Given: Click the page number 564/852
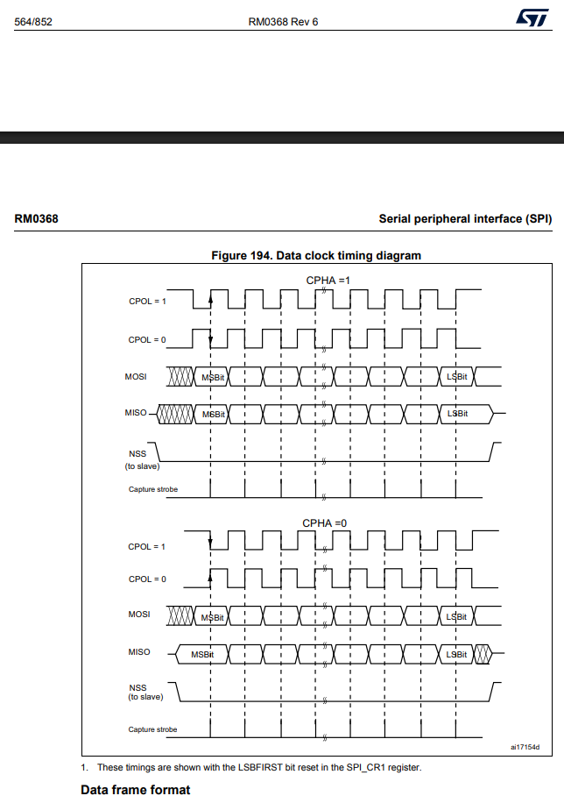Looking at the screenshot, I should click(x=34, y=21).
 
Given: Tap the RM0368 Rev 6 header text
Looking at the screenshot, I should click(x=282, y=21).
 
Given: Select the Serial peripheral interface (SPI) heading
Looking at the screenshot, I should click(x=465, y=218).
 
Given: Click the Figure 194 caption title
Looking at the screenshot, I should click(x=316, y=256).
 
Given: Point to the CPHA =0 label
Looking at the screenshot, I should click(x=324, y=523).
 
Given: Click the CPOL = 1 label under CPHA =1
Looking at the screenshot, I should click(x=147, y=302).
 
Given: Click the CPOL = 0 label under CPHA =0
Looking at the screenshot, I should click(x=147, y=579).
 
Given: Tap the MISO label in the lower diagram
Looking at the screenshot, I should click(x=138, y=652).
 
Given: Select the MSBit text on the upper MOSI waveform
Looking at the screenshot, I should click(x=213, y=377).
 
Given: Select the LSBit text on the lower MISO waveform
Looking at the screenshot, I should click(x=456, y=655).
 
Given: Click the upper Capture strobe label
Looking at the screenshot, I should click(x=153, y=489).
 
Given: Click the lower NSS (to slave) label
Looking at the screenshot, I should click(x=145, y=692).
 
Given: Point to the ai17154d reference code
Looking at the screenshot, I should click(x=525, y=748).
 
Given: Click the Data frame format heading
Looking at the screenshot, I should click(x=135, y=790).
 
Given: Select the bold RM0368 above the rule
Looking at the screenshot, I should click(x=36, y=218).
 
